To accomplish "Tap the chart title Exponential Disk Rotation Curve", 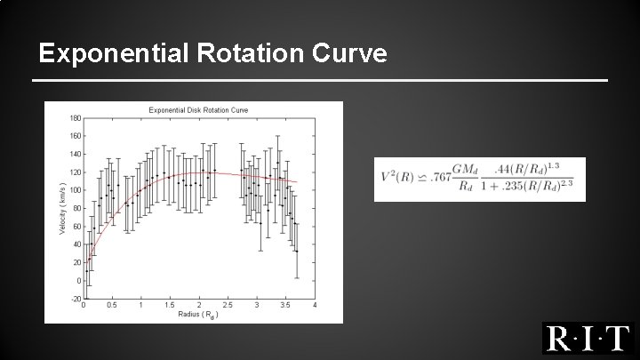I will click(198, 109).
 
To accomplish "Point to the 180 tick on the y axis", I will click(76, 117).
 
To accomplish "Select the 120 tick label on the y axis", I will click(76, 172).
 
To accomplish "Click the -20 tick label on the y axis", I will click(76, 299).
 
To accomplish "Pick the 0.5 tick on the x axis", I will click(111, 306).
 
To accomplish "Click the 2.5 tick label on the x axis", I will click(228, 306).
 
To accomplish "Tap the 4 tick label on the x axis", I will click(315, 306).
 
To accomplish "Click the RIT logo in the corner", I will click(587, 339).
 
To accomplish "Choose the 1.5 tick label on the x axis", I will click(169, 306).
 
